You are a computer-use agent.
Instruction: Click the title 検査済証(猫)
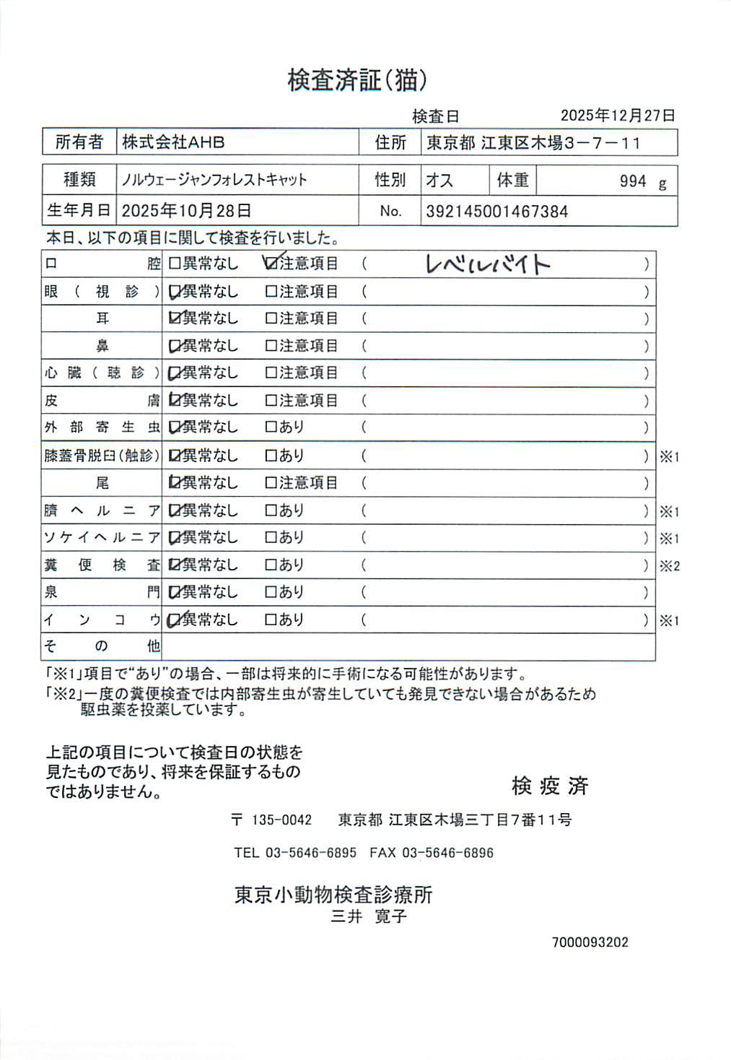[x=357, y=80]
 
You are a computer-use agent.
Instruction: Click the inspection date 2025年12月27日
[x=618, y=116]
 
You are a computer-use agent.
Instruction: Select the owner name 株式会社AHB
[x=173, y=142]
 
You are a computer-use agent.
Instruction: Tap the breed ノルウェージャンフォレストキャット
[x=214, y=180]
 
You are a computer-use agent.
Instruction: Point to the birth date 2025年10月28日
[x=186, y=211]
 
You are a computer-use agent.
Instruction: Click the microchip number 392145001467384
[x=496, y=212]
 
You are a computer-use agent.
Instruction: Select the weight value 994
[x=633, y=181]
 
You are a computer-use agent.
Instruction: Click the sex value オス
[x=439, y=180]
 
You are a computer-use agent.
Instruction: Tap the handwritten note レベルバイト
[x=488, y=264]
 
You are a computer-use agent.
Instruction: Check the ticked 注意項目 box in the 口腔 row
[x=271, y=264]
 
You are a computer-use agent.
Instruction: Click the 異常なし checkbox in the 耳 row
[x=174, y=318]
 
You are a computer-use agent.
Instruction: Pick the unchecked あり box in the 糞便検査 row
[x=271, y=565]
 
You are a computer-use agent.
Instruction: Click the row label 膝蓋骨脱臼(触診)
[x=102, y=456]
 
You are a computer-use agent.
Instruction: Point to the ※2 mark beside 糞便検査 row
[x=669, y=566]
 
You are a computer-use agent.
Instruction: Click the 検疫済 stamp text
[x=550, y=786]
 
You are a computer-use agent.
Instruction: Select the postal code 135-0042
[x=281, y=820]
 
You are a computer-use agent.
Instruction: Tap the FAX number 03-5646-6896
[x=447, y=853]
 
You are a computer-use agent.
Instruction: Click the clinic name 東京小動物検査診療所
[x=333, y=895]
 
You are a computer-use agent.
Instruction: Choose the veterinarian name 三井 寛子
[x=369, y=917]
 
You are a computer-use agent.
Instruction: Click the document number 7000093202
[x=590, y=942]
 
